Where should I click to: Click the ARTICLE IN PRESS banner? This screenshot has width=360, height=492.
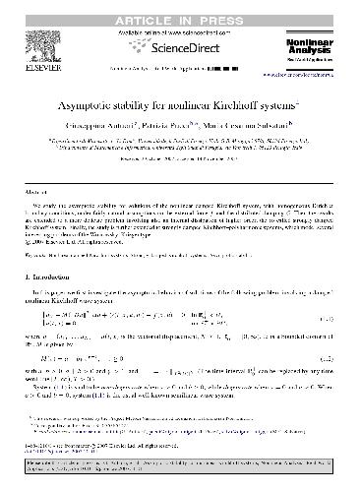(180, 9)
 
